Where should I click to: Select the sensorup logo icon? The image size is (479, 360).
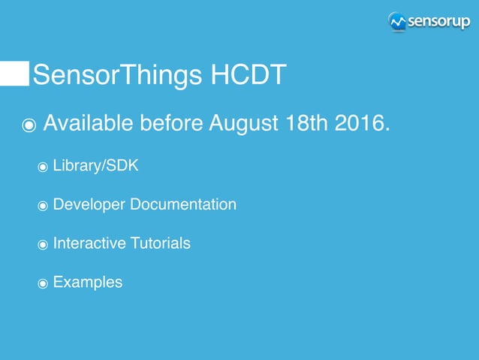(x=397, y=22)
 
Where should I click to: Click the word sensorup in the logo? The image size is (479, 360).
(x=438, y=22)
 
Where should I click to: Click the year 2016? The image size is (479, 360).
(x=366, y=122)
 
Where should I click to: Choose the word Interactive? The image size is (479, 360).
(x=84, y=244)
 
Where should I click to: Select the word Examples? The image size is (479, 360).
(x=87, y=283)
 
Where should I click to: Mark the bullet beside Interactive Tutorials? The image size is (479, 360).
(x=43, y=244)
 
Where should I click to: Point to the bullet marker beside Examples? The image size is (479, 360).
(x=43, y=283)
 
